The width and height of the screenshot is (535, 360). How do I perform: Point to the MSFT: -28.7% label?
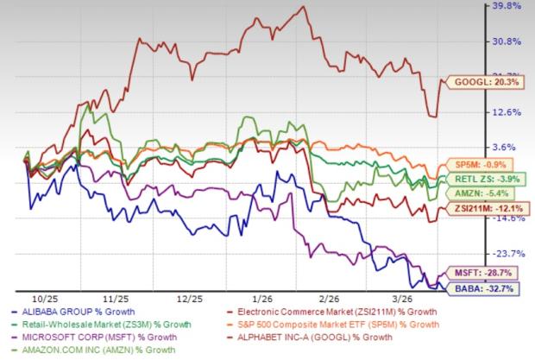coord(475,271)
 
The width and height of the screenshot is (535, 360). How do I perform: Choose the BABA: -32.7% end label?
coord(475,286)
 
